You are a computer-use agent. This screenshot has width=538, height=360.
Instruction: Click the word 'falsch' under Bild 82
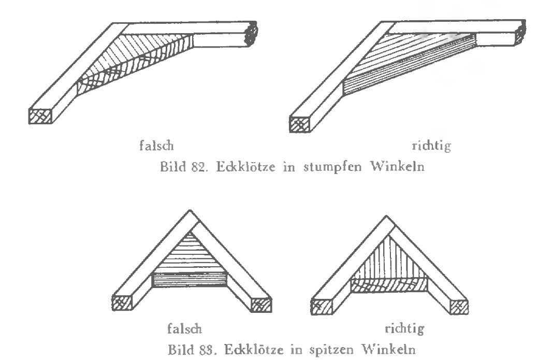point(159,147)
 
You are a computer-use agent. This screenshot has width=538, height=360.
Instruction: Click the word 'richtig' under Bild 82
point(430,147)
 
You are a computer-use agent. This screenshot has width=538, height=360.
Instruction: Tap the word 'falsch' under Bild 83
point(184,328)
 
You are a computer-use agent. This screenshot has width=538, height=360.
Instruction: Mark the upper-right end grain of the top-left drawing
point(251,35)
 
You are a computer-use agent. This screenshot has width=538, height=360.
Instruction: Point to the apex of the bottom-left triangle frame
point(191,214)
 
